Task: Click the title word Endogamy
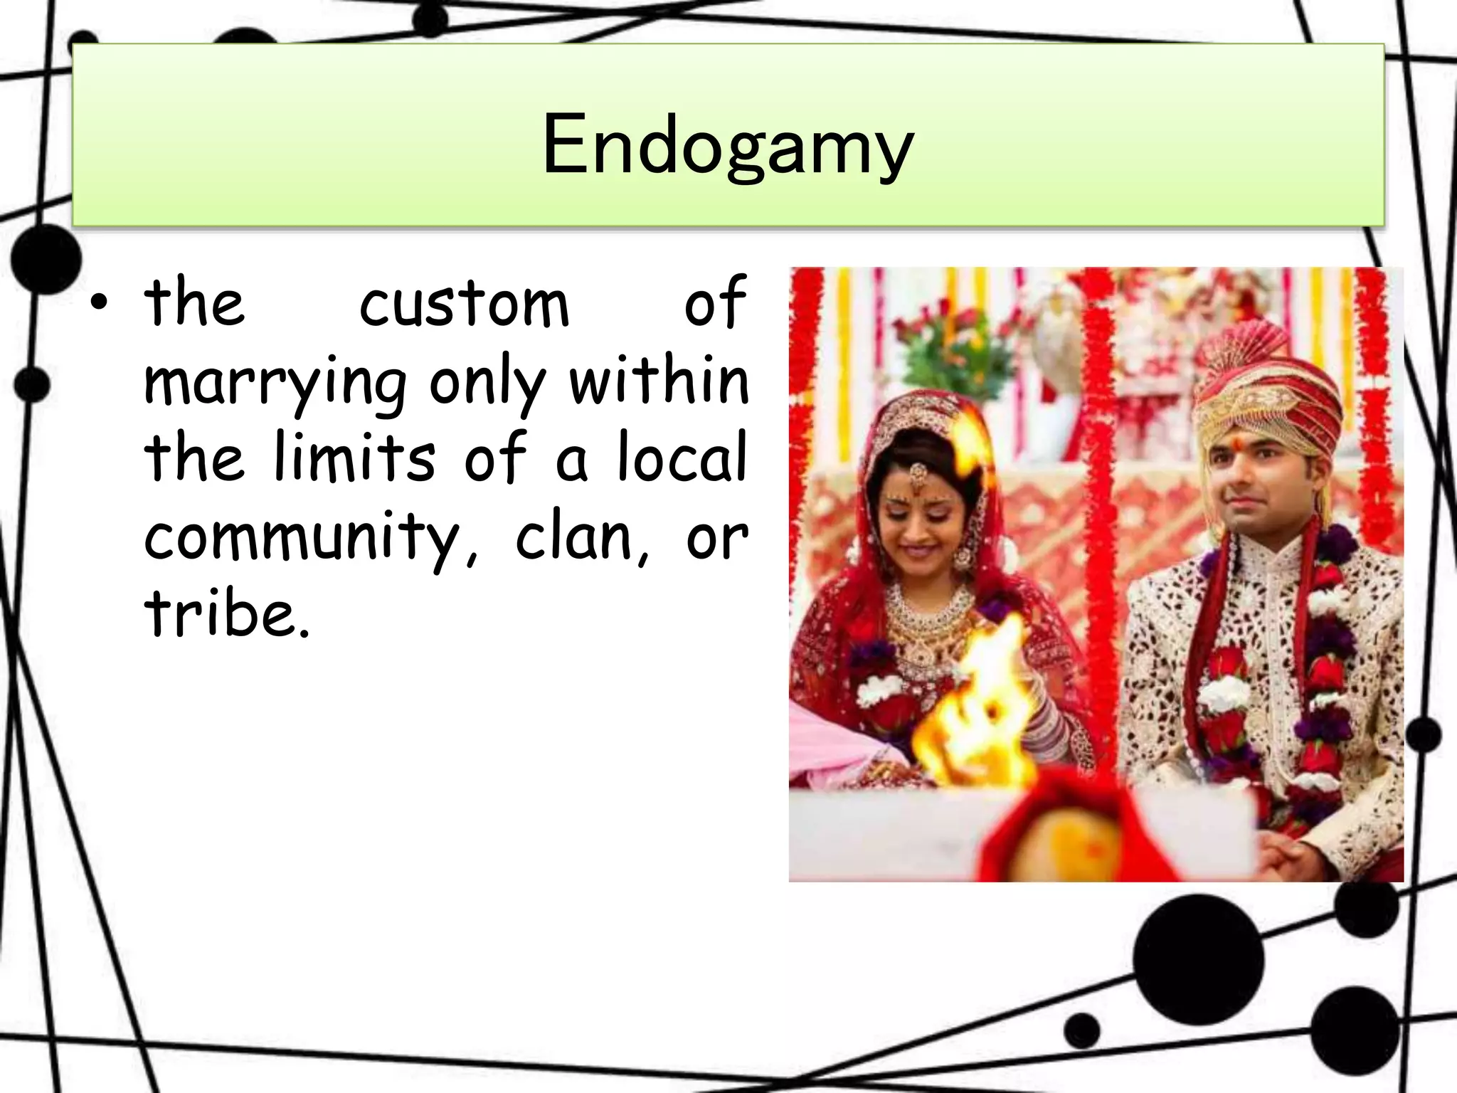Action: click(727, 146)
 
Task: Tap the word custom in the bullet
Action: click(464, 304)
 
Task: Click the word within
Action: click(659, 380)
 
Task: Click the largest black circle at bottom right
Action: click(1199, 959)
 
